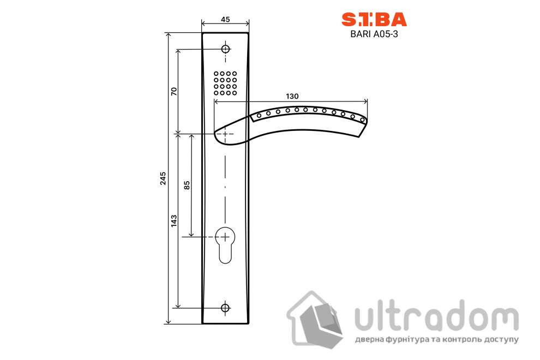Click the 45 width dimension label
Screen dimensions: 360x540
click(x=225, y=19)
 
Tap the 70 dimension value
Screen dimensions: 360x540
click(x=174, y=91)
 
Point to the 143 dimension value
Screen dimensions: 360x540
click(x=174, y=220)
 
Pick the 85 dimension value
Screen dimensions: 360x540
click(x=187, y=185)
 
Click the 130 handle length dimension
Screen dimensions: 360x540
click(x=292, y=96)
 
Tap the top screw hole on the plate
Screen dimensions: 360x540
click(x=225, y=49)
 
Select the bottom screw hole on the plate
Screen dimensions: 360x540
click(x=225, y=308)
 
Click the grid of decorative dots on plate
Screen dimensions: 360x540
click(x=225, y=83)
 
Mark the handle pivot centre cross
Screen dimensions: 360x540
click(x=225, y=134)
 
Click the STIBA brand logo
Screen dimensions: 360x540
click(x=374, y=20)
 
